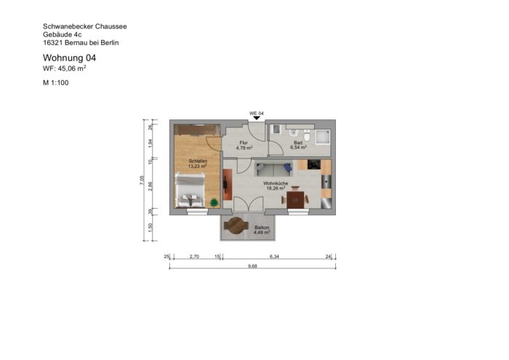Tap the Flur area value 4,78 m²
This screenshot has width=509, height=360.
(244, 148)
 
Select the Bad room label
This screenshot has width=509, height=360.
(297, 143)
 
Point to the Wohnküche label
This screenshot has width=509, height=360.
(277, 183)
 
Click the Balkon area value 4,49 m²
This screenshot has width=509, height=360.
(262, 233)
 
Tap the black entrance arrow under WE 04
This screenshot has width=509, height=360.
(256, 119)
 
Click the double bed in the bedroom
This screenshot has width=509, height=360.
(191, 191)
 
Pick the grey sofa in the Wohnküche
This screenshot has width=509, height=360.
(274, 171)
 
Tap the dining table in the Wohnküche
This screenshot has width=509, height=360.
(296, 199)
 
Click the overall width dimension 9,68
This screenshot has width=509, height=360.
(252, 266)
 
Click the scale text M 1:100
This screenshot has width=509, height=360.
(56, 84)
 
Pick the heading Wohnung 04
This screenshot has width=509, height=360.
(69, 57)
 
